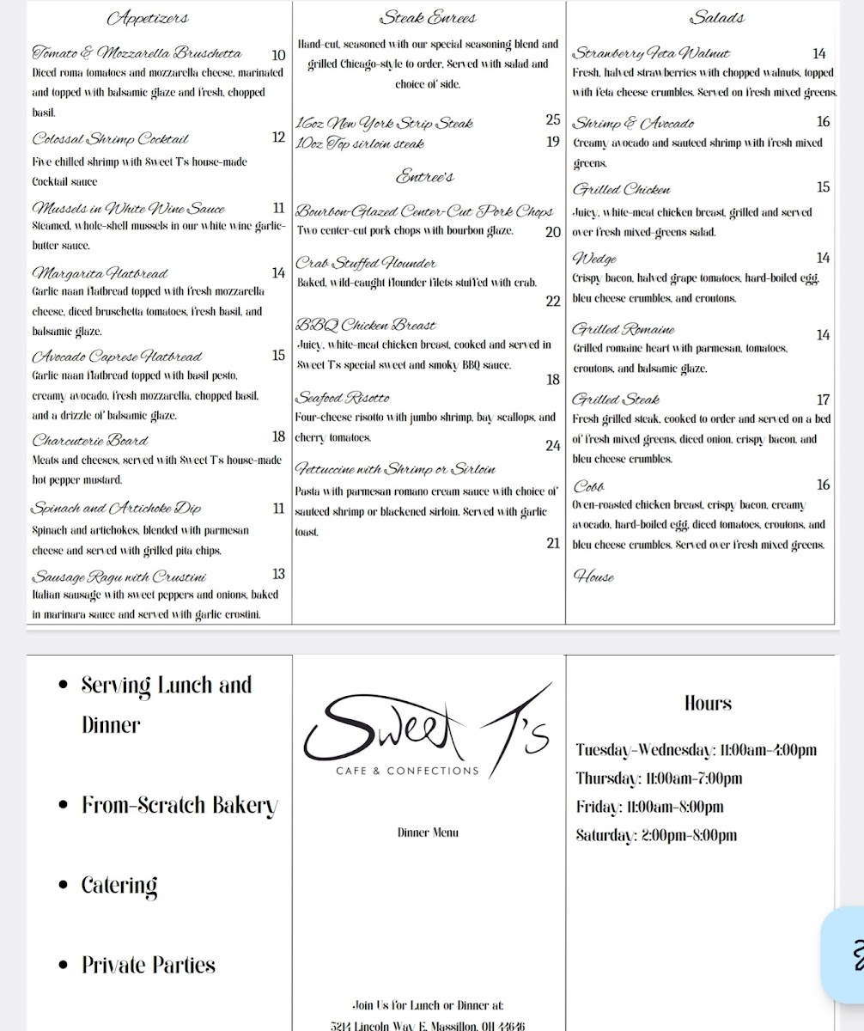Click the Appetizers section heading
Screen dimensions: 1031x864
149,18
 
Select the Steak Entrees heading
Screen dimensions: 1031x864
428,18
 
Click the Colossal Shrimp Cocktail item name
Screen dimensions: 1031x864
110,139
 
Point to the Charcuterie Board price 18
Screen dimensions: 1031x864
278,437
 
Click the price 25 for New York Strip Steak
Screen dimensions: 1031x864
552,120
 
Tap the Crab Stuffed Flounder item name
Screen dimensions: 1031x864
367,263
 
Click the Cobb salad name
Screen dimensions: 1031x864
589,485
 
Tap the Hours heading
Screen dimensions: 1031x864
708,704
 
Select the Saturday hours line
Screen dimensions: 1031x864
657,835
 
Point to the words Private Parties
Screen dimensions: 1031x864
148,965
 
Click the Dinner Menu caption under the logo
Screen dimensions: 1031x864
429,833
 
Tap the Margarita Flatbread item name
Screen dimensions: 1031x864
99,274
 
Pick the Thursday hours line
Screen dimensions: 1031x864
660,779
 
